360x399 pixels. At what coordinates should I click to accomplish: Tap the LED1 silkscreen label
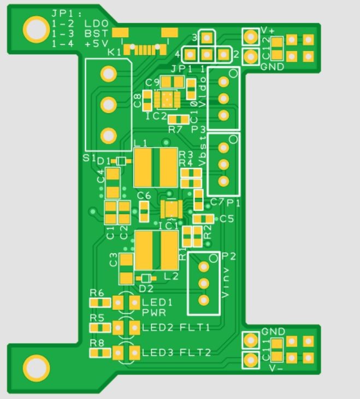coord(157,302)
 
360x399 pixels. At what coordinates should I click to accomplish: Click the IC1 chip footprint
coord(172,208)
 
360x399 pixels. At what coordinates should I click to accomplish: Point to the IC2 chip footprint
coord(167,99)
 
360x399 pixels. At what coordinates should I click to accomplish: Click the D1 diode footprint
coord(121,161)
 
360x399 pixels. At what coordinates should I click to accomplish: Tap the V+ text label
coord(268,30)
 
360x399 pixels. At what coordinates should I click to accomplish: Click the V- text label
coord(276,368)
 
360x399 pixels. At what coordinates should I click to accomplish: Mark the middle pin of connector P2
coord(204,283)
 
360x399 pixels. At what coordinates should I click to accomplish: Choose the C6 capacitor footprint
coord(144,211)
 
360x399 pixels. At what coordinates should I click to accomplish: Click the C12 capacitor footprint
coord(277,48)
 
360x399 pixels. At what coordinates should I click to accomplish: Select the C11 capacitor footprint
coord(277,350)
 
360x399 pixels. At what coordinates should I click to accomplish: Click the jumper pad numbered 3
coord(206,38)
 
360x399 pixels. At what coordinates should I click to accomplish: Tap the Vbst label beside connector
coord(203,155)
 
